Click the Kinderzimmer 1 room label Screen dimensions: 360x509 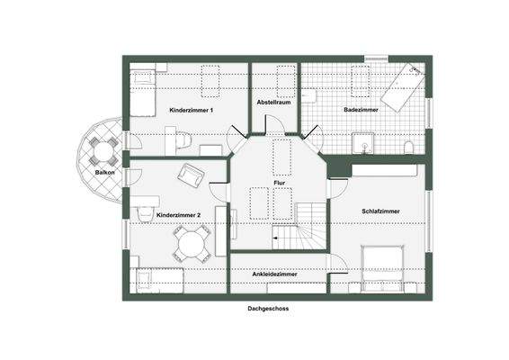pos(191,110)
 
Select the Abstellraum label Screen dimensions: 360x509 pos(273,102)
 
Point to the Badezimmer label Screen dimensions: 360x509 pos(360,110)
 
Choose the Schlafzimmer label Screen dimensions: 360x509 pos(380,211)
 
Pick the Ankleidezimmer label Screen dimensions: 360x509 pos(277,274)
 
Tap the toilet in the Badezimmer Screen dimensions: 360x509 pos(409,147)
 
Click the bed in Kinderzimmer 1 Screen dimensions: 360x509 pos(143,93)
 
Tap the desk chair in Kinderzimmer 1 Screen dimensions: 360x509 pos(180,139)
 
